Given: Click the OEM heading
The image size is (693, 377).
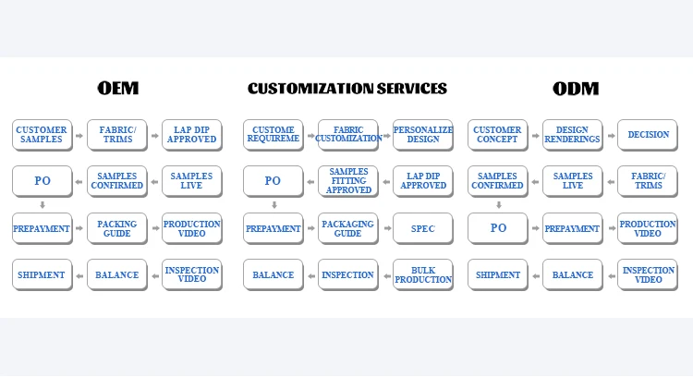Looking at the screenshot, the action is click(117, 89).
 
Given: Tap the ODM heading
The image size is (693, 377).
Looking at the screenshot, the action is click(575, 89).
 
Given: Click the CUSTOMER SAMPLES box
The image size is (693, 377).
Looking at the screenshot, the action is click(42, 135).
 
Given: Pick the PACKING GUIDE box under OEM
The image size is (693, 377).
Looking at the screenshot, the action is click(116, 228).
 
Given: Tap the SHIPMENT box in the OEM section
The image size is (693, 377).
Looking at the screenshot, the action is click(42, 274).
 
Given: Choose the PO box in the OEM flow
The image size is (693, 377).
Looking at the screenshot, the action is click(42, 181).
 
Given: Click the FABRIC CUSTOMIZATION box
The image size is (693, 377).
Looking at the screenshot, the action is click(347, 135).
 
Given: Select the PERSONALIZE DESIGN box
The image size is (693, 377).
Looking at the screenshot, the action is click(422, 135).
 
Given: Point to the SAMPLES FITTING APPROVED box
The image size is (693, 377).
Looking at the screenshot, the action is click(347, 181).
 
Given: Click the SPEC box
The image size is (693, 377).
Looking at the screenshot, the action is click(422, 228).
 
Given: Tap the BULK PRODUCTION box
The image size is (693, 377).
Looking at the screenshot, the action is click(422, 274).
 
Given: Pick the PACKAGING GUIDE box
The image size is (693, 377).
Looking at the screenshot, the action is click(347, 228).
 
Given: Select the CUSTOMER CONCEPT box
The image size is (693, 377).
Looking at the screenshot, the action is click(497, 135).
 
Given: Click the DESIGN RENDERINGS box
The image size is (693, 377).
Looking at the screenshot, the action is click(572, 135).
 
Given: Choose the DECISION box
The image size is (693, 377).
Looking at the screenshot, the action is click(647, 135).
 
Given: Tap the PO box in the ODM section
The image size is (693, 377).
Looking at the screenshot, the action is click(497, 228).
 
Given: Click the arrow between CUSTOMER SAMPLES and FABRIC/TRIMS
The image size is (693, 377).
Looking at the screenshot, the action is click(79, 135).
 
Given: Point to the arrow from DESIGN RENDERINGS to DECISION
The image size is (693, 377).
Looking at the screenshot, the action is click(610, 135).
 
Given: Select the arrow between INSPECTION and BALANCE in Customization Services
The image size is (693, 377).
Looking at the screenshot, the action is click(310, 274).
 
